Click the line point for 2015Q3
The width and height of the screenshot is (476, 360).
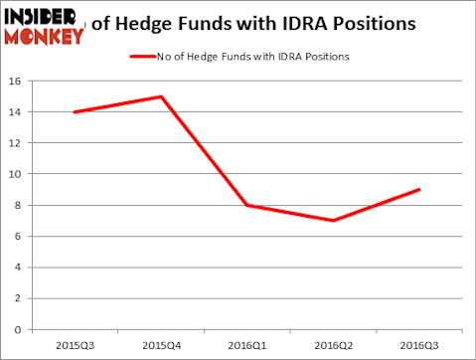coord(75,112)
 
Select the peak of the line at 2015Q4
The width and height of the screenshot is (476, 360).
coord(161,96)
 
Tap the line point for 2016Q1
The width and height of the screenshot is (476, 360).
coord(247,205)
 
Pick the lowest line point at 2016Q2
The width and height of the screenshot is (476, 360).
coord(333,221)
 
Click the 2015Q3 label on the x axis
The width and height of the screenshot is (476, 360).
coord(75,345)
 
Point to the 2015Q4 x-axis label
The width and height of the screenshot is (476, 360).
coord(161,345)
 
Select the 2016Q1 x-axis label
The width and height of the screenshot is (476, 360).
coord(247,345)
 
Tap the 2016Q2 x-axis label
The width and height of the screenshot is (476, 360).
coord(333,345)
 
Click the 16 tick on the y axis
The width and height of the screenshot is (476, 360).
coord(17,82)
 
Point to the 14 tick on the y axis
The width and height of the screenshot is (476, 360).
coord(17,112)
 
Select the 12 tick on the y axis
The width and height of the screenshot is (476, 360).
coord(17,143)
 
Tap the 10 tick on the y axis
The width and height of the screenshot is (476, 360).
coord(17,174)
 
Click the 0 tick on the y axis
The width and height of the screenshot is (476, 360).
coord(20,329)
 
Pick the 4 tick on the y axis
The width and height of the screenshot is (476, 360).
coord(20,268)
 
